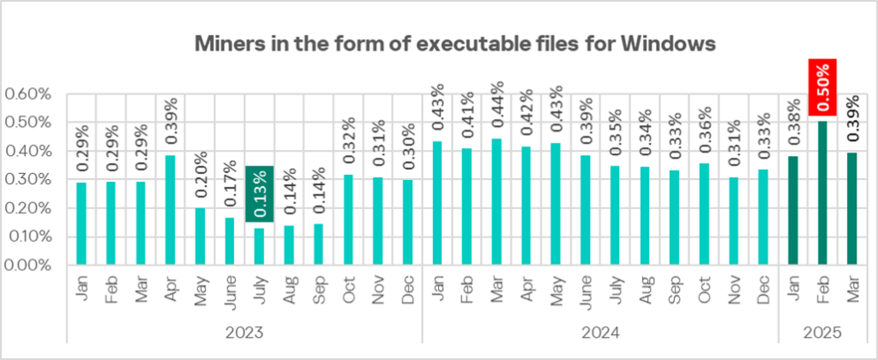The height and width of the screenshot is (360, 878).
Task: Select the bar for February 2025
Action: (823, 193)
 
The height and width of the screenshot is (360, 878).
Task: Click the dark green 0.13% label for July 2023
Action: (260, 194)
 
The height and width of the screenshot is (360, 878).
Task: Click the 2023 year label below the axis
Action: (244, 330)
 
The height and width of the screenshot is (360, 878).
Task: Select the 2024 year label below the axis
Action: (600, 330)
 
